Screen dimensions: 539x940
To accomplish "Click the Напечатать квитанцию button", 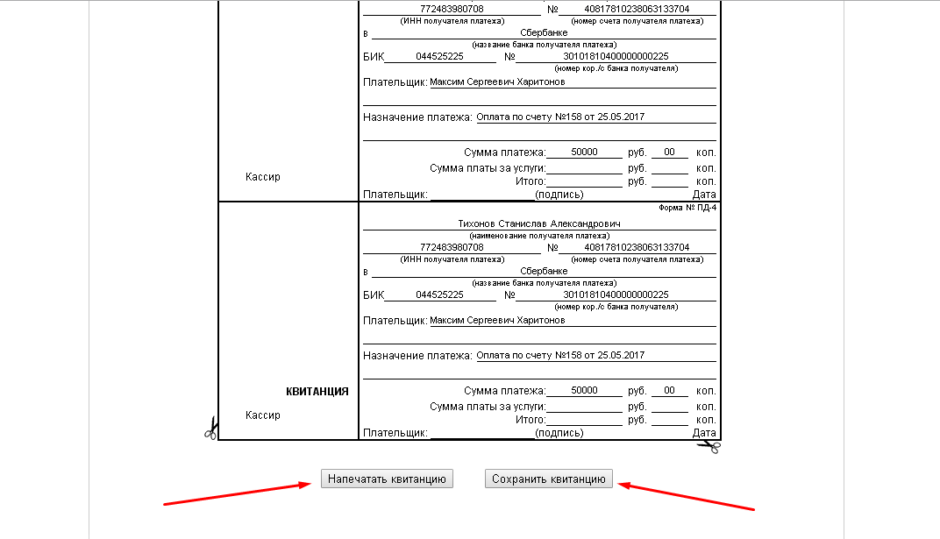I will click(x=387, y=479).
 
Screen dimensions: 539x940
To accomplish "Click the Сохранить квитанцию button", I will click(x=549, y=479).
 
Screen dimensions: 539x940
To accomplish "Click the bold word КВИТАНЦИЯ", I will click(x=317, y=392).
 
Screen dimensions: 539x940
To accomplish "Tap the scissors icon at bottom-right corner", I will click(x=709, y=446).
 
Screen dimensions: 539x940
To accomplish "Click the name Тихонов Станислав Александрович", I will click(x=539, y=223).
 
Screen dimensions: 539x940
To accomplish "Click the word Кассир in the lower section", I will click(x=263, y=415).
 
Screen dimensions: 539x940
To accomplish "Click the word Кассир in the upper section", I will click(x=263, y=176).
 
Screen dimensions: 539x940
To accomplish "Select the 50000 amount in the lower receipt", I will click(x=584, y=390).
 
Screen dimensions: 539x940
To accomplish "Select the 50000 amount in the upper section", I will click(x=584, y=152).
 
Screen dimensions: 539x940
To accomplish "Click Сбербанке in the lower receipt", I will click(x=544, y=272).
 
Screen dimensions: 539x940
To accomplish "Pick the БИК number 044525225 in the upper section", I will click(x=438, y=57).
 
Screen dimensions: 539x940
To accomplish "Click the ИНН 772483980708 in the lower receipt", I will click(x=452, y=247).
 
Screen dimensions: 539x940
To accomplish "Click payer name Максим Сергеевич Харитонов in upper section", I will click(x=497, y=82).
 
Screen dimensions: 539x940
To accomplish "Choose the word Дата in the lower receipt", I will click(x=704, y=433).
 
